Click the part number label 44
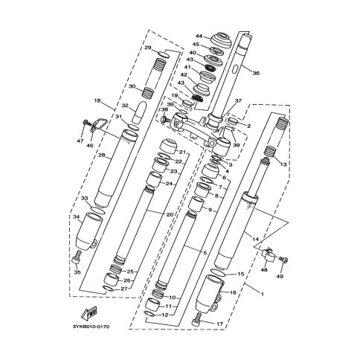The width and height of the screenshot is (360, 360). click(199, 36)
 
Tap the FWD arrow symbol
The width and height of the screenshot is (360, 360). click(89, 312)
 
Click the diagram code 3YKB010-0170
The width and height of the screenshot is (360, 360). click(91, 327)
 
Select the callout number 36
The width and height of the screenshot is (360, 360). click(256, 74)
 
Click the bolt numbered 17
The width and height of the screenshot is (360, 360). click(197, 319)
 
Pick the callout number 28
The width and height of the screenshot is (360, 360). click(102, 155)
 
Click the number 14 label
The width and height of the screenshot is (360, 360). click(255, 240)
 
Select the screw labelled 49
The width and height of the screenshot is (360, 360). click(284, 260)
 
